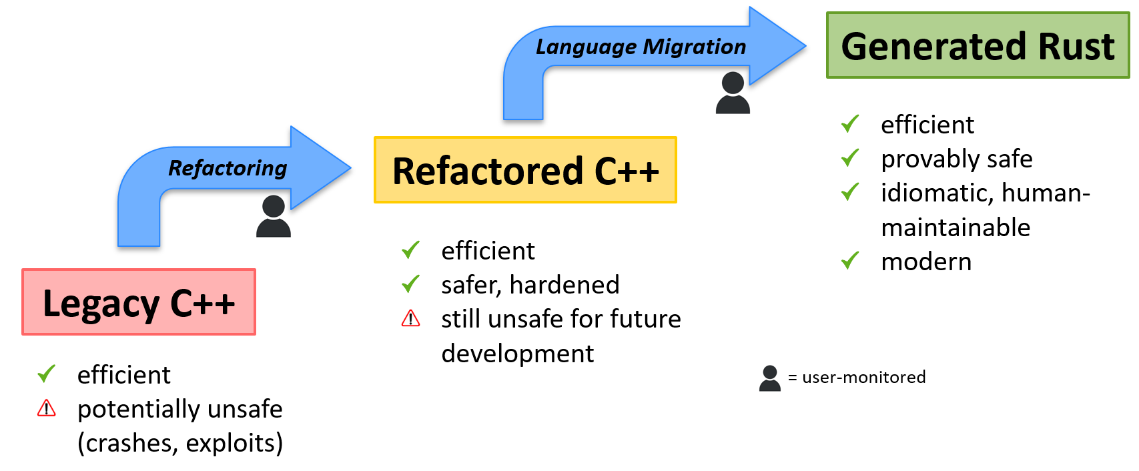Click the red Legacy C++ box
[139, 302]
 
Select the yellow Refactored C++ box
[525, 170]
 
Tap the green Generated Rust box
[977, 45]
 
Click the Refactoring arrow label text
[228, 168]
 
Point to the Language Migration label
[641, 47]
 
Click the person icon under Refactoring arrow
[274, 216]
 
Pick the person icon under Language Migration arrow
[733, 93]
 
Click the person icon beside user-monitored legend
[769, 378]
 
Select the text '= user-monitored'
[857, 378]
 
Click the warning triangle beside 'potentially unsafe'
[47, 408]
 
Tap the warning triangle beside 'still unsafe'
[411, 319]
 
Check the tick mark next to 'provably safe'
[850, 158]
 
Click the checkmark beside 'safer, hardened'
[411, 284]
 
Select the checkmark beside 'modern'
[850, 261]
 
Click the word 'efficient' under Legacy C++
[124, 375]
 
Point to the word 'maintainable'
[956, 227]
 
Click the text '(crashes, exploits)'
[180, 443]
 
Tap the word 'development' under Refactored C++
[517, 354]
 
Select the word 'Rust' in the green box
[1076, 47]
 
